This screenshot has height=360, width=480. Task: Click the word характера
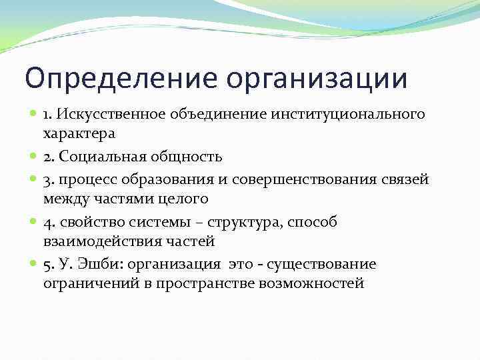pyautogui.click(x=79, y=133)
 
